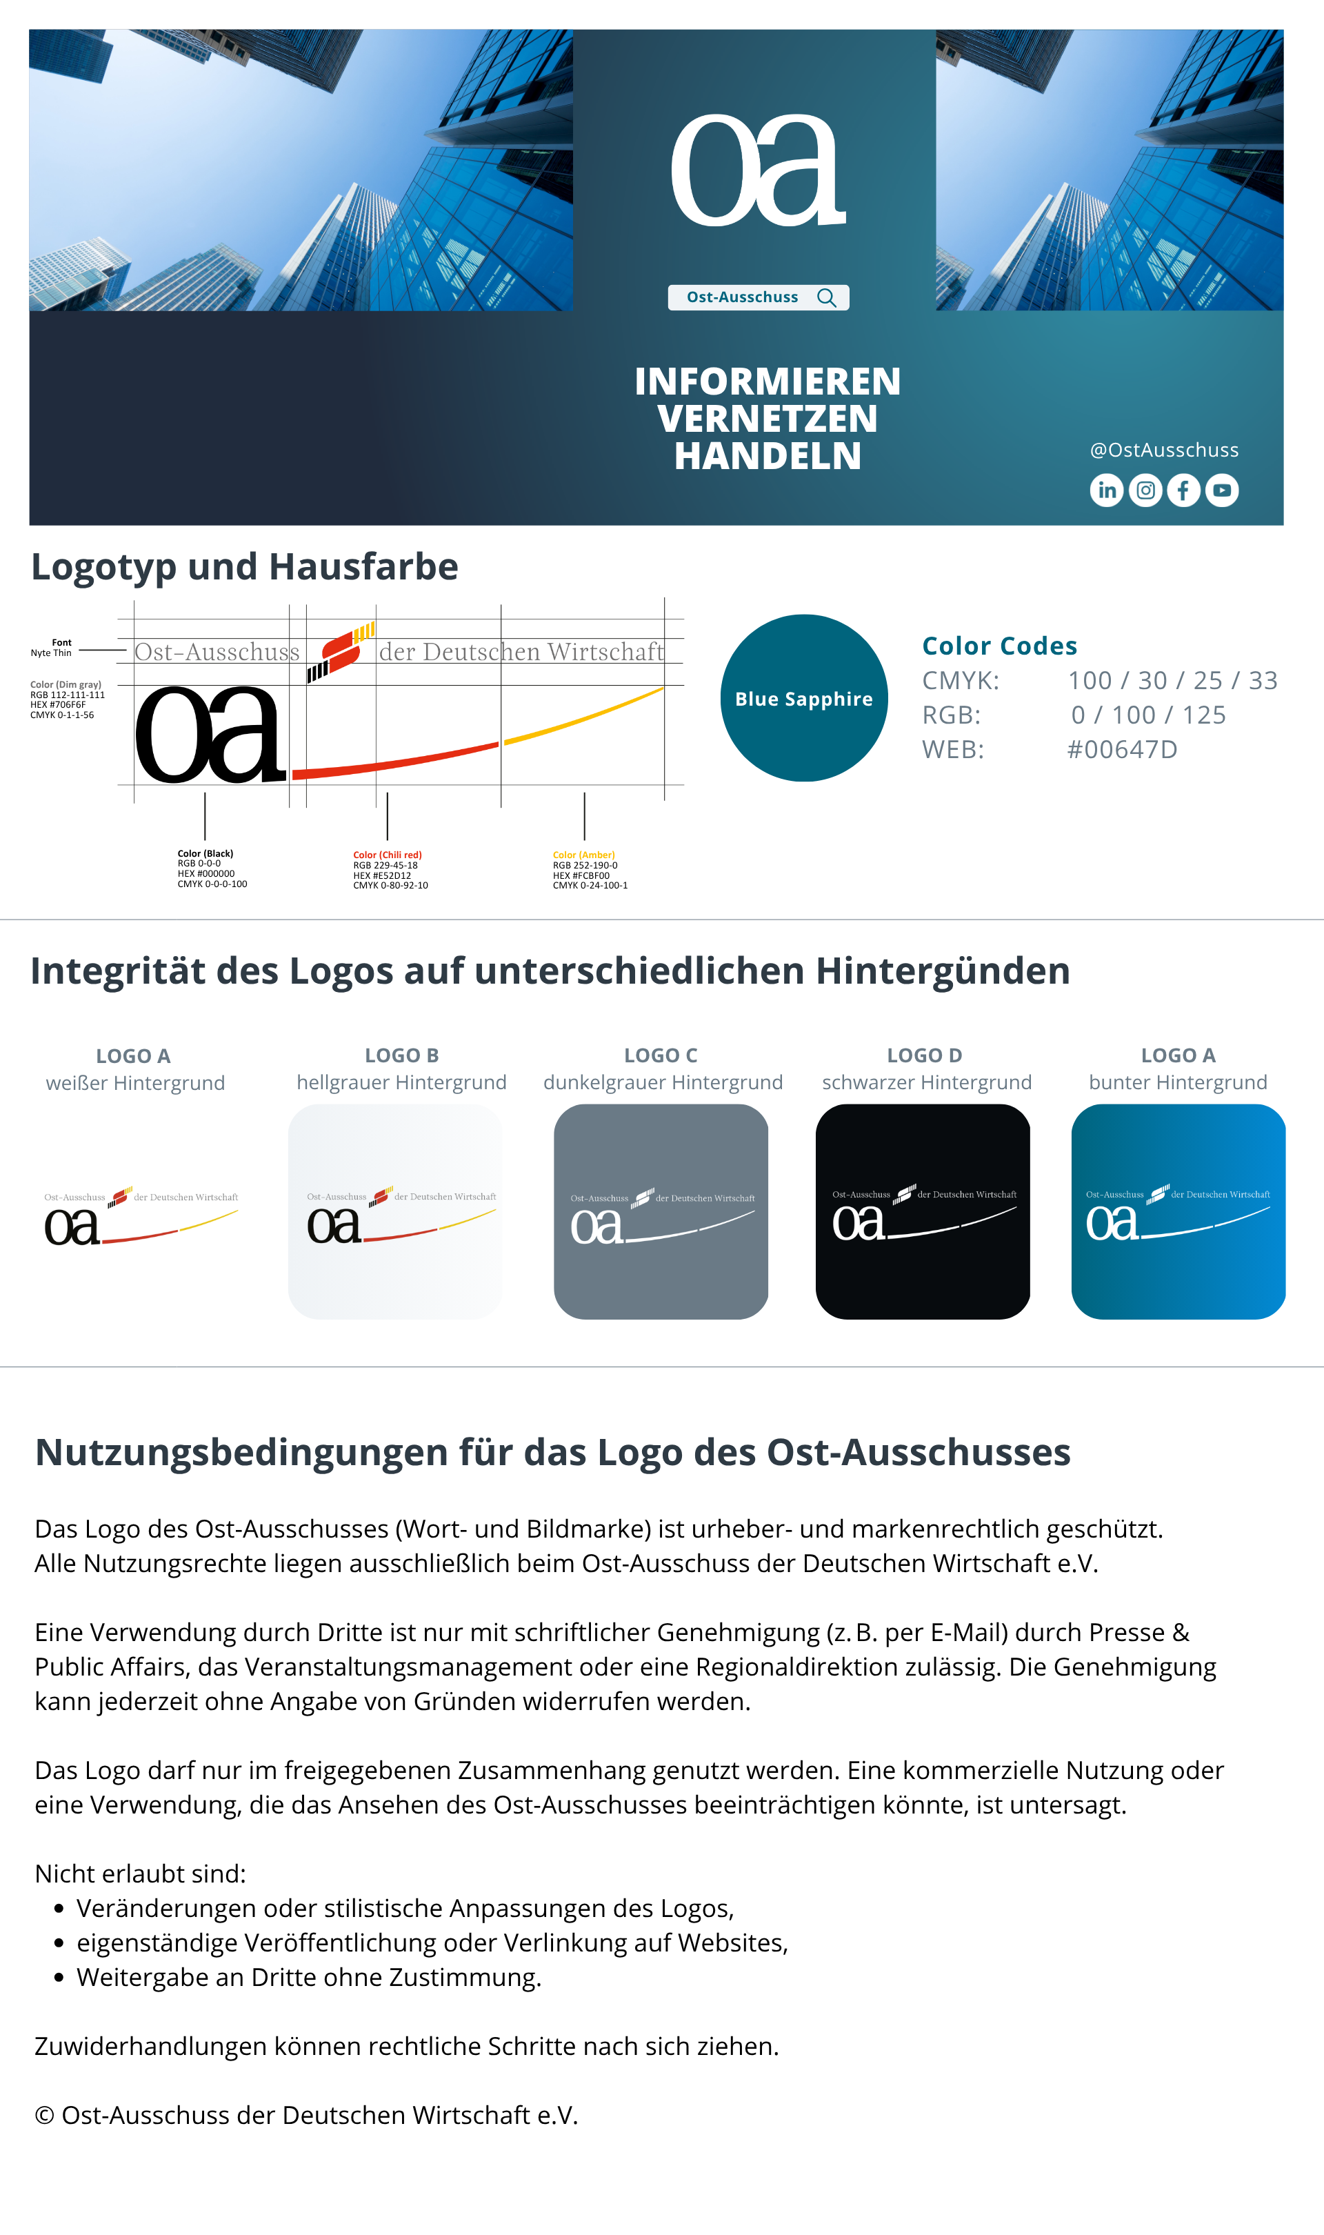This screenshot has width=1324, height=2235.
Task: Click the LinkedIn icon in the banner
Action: (x=1106, y=490)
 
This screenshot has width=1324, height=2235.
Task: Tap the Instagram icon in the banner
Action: (x=1145, y=490)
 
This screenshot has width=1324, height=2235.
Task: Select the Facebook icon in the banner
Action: (x=1184, y=490)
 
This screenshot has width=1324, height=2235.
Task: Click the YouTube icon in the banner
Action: (x=1223, y=490)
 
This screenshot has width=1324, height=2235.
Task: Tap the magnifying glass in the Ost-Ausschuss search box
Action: (x=827, y=298)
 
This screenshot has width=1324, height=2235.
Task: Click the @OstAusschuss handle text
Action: (x=1164, y=450)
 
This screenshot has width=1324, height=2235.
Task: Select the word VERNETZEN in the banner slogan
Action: (x=768, y=419)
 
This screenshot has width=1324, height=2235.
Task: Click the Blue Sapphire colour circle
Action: (x=804, y=697)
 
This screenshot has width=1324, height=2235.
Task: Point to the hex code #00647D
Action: (x=1123, y=749)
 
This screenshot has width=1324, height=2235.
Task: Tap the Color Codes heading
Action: (x=999, y=645)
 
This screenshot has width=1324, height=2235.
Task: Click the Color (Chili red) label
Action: (x=388, y=855)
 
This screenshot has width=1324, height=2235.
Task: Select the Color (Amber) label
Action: (x=583, y=855)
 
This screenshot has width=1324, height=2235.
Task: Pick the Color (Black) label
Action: (x=205, y=854)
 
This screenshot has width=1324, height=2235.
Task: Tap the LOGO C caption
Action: (x=661, y=1055)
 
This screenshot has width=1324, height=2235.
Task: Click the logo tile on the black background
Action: (x=923, y=1211)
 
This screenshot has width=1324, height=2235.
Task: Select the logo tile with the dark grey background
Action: (x=661, y=1211)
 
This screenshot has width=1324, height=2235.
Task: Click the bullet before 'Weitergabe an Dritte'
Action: (x=59, y=1978)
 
